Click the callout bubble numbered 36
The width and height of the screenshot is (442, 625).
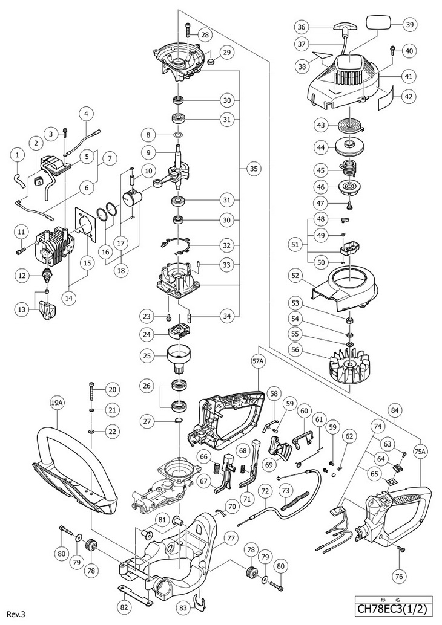point(302,26)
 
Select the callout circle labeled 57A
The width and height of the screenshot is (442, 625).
point(259,361)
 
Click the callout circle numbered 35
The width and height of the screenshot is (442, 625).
point(252,169)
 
